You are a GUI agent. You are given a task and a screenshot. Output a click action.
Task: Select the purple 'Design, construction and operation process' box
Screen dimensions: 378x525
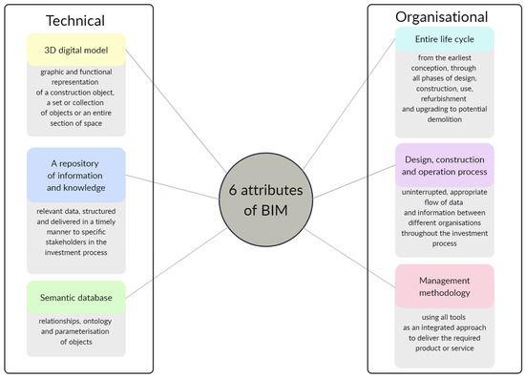[x=444, y=164]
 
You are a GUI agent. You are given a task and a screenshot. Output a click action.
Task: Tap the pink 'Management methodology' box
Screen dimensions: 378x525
[x=444, y=286]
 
